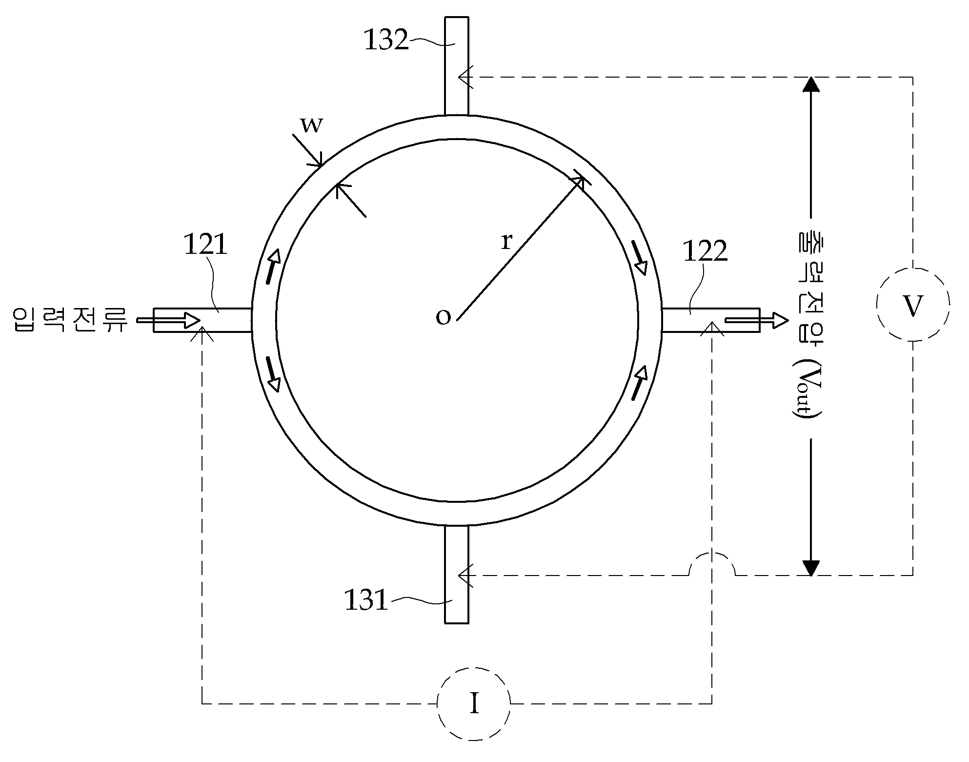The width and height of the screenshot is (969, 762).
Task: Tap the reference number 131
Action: tap(366, 600)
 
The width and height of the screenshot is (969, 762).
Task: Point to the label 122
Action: tap(705, 252)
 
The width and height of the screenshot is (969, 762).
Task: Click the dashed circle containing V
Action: tap(913, 305)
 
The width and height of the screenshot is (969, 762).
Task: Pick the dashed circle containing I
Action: tap(474, 703)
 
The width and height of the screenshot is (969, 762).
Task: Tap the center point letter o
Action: tap(443, 318)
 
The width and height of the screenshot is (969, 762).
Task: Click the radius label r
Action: tap(507, 241)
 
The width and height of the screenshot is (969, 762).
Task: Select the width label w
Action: tap(311, 125)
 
